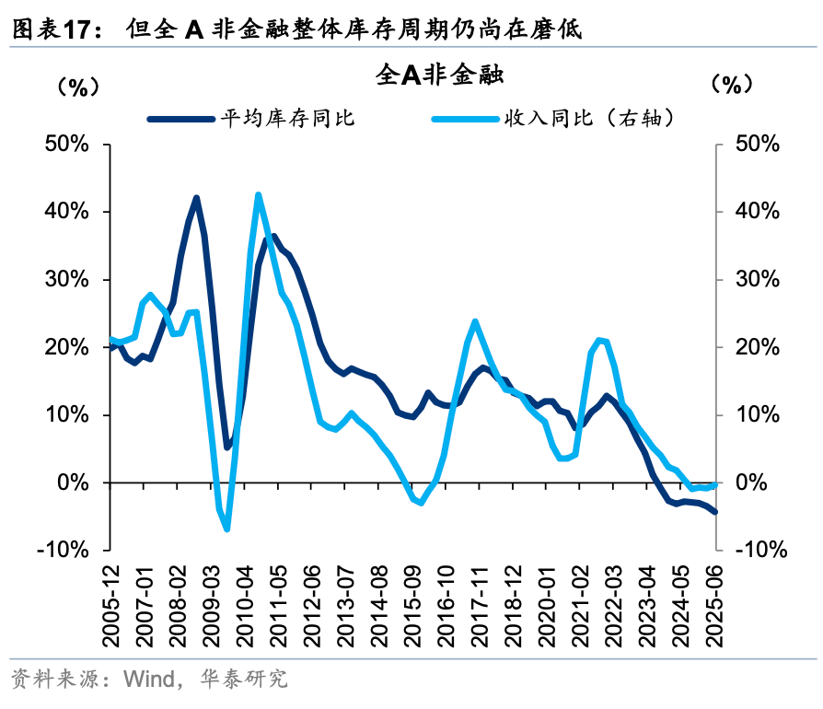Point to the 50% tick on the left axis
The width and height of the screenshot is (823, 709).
point(66,145)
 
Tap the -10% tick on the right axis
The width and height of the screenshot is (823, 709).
point(761,551)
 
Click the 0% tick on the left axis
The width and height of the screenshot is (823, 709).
point(75,482)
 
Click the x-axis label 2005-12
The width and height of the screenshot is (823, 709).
point(111,608)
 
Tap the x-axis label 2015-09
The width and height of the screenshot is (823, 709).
point(413,608)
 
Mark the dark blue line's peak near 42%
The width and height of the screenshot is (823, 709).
point(197,198)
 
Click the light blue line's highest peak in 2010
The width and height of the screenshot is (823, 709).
point(258,194)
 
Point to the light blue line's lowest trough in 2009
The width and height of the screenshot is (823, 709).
point(226,529)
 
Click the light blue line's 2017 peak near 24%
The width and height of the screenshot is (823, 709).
point(475,321)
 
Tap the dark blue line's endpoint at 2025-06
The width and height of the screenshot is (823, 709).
point(715,512)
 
